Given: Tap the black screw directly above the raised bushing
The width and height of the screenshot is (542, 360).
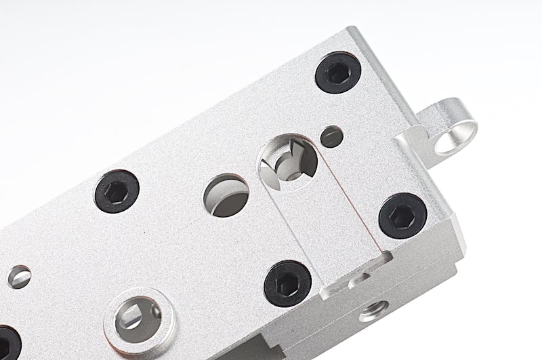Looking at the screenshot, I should click(x=117, y=191).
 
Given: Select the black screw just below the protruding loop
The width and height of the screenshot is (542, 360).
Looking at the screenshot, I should click(x=402, y=215).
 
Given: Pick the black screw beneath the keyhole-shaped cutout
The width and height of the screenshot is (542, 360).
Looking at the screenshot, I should click(x=287, y=283).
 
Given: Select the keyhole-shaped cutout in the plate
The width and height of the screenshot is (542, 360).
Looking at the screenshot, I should click(x=288, y=162).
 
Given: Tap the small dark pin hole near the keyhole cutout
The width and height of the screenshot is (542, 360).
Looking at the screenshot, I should click(x=331, y=136).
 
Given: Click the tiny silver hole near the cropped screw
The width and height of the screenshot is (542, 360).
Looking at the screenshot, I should click(x=20, y=276).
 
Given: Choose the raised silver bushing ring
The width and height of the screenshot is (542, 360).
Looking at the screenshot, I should click(x=140, y=319).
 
